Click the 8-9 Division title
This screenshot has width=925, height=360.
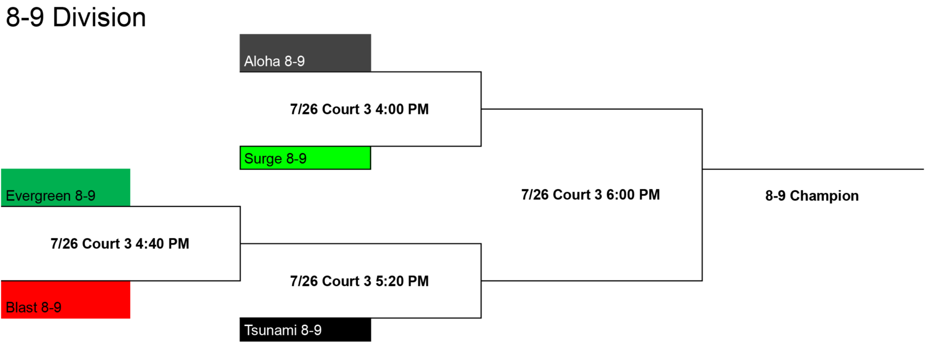76,18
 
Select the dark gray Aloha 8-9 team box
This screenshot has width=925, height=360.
305,53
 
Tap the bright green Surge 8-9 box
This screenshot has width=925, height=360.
305,158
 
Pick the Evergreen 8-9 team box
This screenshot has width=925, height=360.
66,187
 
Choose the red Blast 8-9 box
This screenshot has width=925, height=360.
66,300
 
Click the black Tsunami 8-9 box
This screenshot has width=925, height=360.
305,329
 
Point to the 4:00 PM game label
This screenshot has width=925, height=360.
359,109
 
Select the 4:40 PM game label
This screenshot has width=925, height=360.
120,244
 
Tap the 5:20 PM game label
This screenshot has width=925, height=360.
359,281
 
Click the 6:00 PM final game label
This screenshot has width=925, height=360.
590,195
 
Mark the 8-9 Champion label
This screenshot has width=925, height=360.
812,196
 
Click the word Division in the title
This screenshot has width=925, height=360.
99,18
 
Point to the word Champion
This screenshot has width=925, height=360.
824,196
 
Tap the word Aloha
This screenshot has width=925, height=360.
262,61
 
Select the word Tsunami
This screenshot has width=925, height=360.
271,331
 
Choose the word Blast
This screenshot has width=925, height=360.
21,307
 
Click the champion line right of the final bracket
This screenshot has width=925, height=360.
813,169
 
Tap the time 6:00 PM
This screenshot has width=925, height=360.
633,195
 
